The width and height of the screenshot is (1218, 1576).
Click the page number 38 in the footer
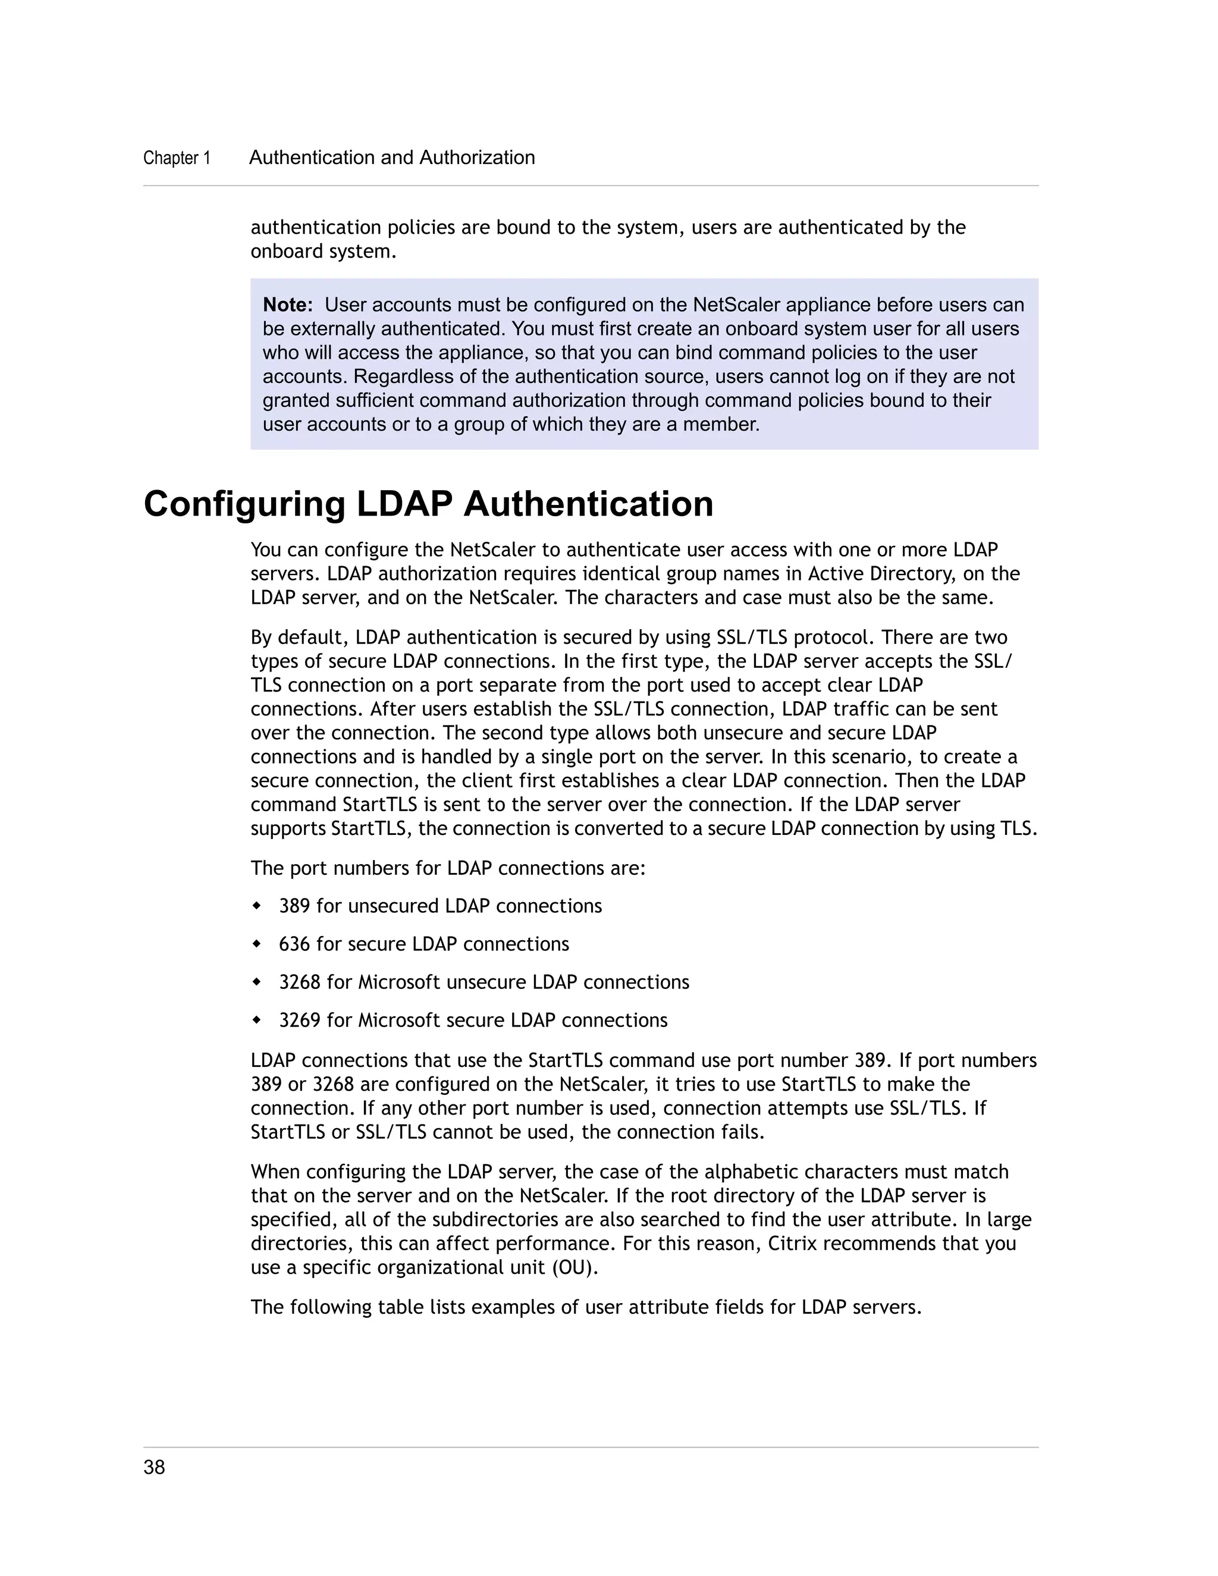pos(155,1467)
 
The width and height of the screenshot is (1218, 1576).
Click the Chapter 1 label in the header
pos(177,158)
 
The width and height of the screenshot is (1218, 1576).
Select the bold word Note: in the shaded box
pos(287,305)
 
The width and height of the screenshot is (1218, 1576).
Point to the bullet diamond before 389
pos(256,906)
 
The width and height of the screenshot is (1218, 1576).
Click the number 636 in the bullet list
pos(294,944)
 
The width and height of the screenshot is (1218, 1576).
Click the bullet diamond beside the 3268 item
pos(256,982)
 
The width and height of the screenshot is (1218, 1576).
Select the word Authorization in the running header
pos(477,158)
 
